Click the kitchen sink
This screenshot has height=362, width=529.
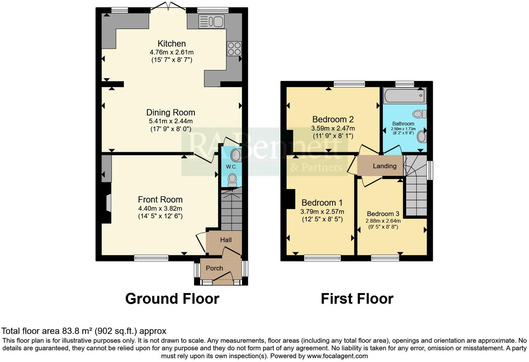[x=211, y=22]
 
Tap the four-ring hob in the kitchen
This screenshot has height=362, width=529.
[x=234, y=48]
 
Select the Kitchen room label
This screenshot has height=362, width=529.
[x=172, y=44]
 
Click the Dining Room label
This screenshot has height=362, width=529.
[x=171, y=112]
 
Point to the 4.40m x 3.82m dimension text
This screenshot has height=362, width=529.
[x=160, y=208]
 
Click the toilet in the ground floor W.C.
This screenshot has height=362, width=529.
[x=232, y=180]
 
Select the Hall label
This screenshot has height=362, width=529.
[x=226, y=240]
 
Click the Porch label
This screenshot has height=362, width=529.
[x=214, y=268]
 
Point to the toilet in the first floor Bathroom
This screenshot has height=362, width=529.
[x=419, y=114]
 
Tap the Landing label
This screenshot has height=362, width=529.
[x=385, y=166]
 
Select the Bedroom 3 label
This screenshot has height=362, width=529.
[x=383, y=214]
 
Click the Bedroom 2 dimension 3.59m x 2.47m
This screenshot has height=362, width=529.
[x=333, y=128]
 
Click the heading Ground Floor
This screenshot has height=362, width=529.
[x=172, y=299]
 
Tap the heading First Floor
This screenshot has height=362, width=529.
[x=357, y=299]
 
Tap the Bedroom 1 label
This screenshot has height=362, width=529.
[x=322, y=203]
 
